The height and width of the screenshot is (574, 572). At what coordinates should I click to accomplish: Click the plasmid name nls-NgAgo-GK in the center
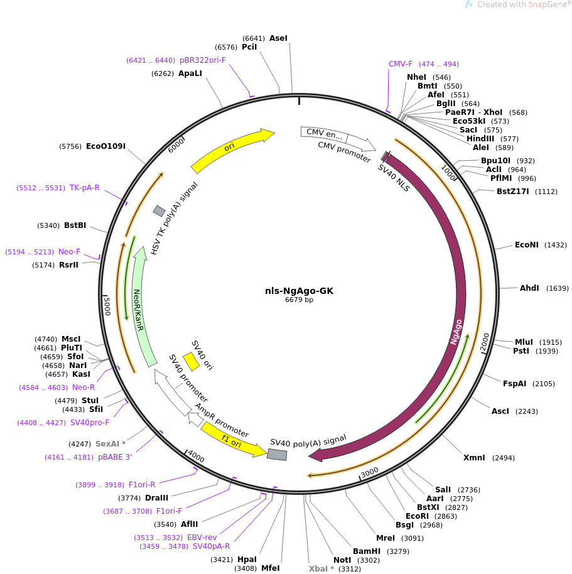tap(299, 291)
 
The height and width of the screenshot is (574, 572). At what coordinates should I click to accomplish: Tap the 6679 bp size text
tap(299, 300)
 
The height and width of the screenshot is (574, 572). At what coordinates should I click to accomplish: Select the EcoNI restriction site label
tap(527, 244)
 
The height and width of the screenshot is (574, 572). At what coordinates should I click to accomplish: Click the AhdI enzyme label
tap(529, 288)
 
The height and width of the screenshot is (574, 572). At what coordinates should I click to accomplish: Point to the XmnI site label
tap(474, 458)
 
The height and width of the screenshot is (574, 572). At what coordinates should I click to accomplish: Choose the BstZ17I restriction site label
tap(513, 192)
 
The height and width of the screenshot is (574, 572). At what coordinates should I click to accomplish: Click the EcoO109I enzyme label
tap(105, 146)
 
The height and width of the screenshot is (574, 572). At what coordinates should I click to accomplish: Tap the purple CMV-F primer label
tap(401, 64)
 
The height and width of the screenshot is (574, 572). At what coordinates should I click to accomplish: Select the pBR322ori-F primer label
tap(202, 60)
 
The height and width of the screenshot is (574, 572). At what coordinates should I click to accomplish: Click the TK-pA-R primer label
tap(85, 188)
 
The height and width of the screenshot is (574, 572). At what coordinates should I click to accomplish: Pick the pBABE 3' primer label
tap(115, 457)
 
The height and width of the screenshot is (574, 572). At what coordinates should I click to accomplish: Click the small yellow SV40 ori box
tap(191, 362)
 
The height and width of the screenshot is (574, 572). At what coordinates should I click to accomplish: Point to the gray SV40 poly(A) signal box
tap(277, 455)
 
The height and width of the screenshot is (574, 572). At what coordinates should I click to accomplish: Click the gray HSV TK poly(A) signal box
tap(159, 211)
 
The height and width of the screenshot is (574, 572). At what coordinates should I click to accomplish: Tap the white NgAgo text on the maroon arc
tap(456, 332)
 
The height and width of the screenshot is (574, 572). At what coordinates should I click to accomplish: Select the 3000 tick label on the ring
tap(370, 472)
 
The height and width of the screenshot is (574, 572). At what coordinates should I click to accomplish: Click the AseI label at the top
tap(278, 38)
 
